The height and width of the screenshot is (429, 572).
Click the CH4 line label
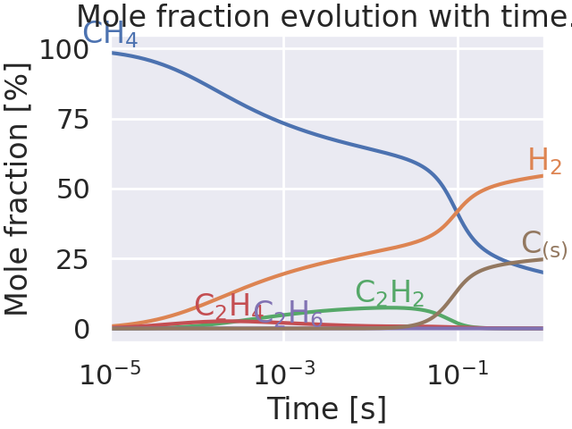click(110, 35)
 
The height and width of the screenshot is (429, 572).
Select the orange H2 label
click(544, 162)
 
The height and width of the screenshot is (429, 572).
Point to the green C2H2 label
click(389, 293)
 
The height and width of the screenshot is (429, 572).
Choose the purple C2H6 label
click(289, 314)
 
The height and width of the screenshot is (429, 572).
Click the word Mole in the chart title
click(112, 17)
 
